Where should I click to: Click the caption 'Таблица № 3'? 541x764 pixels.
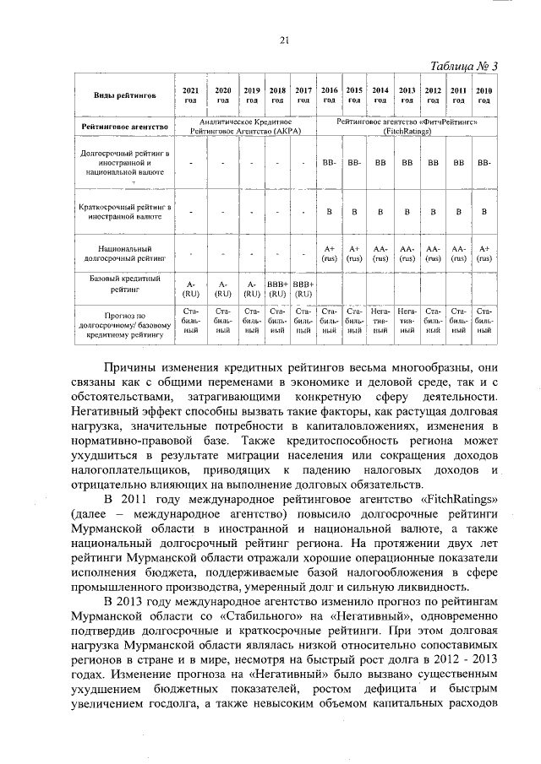[x=464, y=67]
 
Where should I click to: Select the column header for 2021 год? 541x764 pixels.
[x=191, y=95]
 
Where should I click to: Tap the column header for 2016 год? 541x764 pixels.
[x=330, y=95]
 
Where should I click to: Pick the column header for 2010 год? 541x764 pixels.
[x=484, y=95]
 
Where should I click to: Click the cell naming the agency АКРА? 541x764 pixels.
[x=246, y=127]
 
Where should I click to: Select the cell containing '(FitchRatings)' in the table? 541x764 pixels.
[x=406, y=132]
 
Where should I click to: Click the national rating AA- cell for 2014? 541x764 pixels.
[x=380, y=253]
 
